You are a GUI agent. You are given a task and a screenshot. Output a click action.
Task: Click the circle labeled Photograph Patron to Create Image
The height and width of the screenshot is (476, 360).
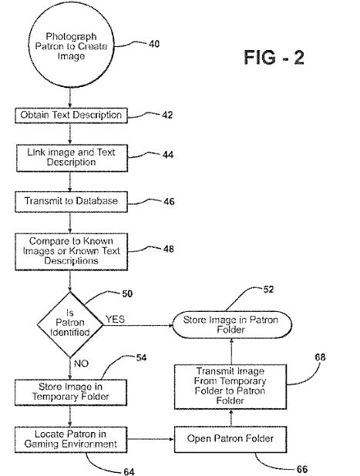70,47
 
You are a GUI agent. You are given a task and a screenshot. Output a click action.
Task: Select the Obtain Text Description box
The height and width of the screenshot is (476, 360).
70,116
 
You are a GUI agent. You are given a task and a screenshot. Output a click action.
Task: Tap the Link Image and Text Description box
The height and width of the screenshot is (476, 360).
70,158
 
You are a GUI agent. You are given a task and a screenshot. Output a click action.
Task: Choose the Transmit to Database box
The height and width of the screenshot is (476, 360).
70,201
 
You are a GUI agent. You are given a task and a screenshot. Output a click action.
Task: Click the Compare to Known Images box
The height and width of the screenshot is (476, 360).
70,250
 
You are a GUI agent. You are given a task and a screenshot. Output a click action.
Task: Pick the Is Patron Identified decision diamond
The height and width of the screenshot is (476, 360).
70,324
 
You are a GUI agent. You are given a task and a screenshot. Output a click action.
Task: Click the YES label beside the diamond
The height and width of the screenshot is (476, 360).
115,318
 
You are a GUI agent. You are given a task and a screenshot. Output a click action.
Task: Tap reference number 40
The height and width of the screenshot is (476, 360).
153,44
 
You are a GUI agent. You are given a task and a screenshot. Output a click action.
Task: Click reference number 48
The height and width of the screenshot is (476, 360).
167,248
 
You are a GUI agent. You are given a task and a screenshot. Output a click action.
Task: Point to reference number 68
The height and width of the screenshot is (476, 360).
320,357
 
